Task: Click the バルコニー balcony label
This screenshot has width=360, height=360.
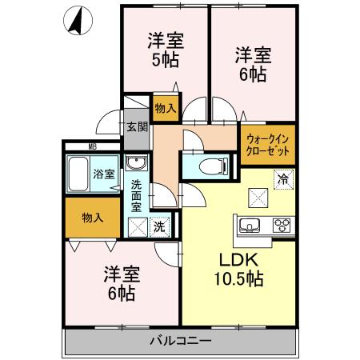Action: (180, 342)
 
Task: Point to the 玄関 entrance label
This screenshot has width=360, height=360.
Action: (136, 126)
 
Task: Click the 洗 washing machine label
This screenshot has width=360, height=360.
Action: (159, 226)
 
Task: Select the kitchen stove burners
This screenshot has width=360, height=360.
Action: (282, 225)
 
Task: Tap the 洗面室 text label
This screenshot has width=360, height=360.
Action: (136, 194)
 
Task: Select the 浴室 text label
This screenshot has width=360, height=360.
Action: (103, 174)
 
